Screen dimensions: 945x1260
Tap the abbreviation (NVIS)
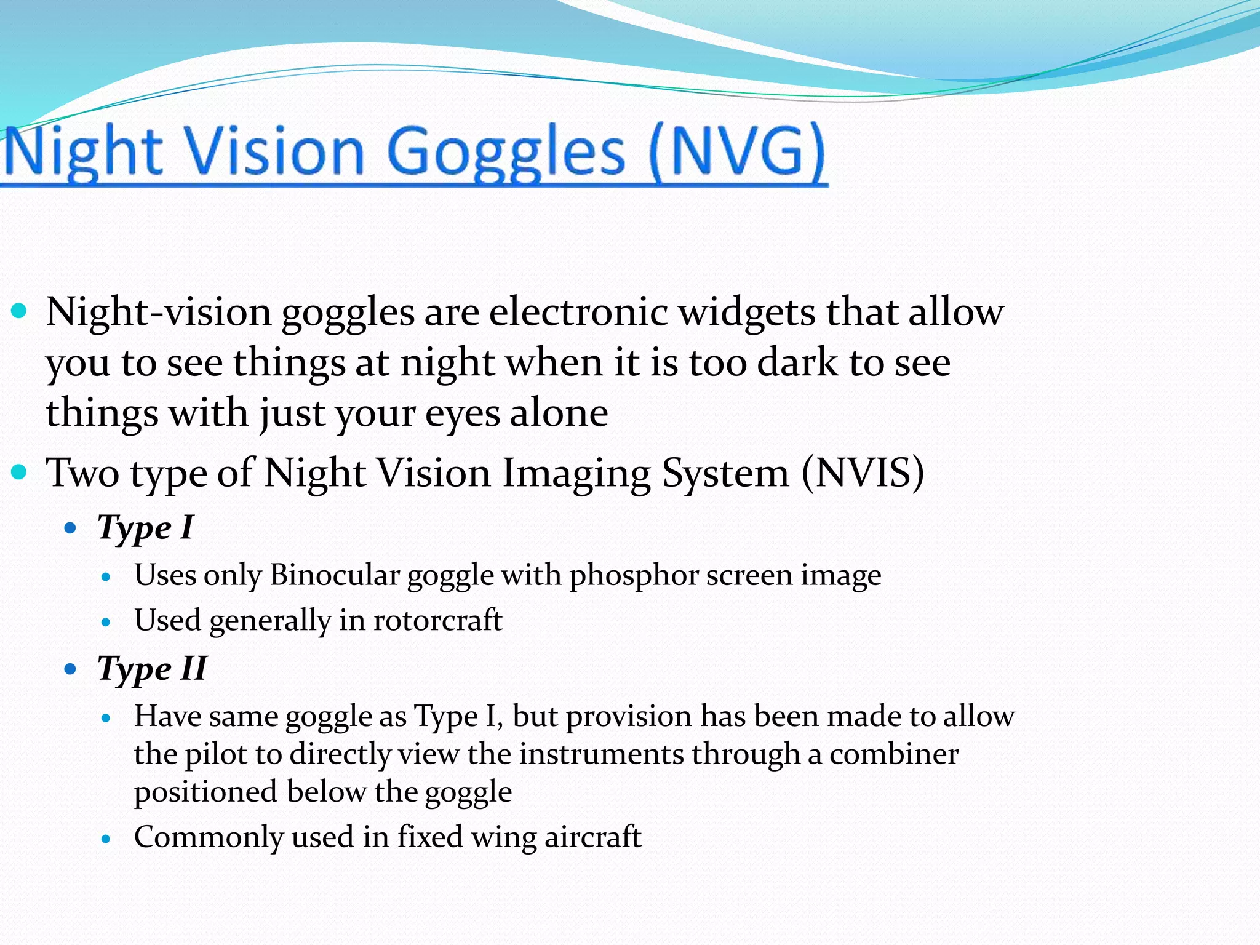click(x=863, y=472)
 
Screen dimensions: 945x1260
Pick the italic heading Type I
click(x=145, y=528)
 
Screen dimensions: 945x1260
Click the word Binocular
click(x=335, y=575)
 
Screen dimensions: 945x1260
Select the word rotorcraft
click(x=437, y=620)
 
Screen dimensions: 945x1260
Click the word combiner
click(x=893, y=754)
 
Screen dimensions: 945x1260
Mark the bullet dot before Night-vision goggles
click(x=20, y=310)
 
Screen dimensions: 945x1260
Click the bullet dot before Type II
click(x=70, y=669)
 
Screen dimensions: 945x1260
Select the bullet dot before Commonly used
click(x=106, y=839)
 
